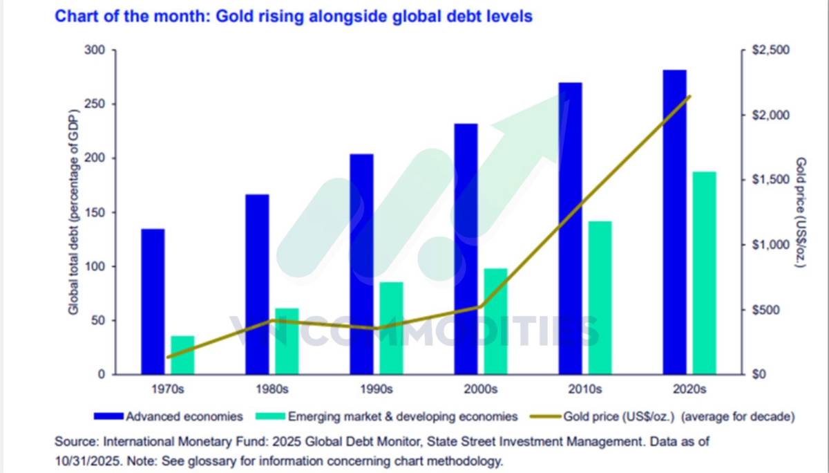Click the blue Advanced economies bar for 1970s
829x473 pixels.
coord(153,302)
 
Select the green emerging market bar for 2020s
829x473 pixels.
coord(705,273)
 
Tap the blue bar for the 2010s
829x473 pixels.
coord(570,228)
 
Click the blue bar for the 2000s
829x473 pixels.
coord(466,249)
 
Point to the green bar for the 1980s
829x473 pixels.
coord(287,341)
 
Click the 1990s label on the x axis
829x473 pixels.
coord(377,389)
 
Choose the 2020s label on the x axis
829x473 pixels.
coord(689,389)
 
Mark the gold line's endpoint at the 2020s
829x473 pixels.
coord(689,96)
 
